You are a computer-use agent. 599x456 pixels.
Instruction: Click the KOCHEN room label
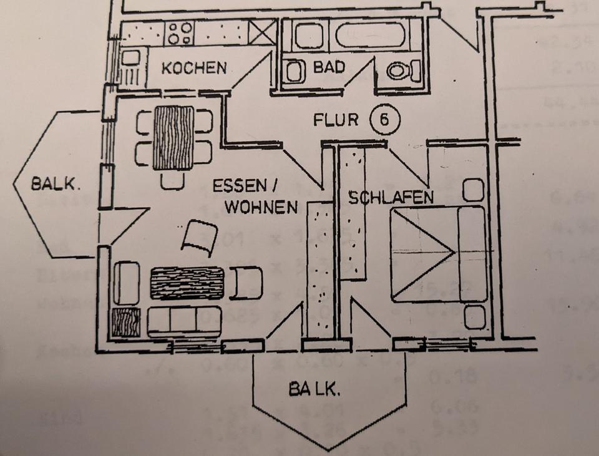click(194, 67)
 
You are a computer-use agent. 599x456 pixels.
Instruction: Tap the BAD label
click(329, 67)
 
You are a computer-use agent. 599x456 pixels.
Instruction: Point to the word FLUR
click(336, 119)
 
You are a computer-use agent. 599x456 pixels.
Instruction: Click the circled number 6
click(384, 119)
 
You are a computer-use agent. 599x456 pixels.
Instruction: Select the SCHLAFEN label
click(391, 198)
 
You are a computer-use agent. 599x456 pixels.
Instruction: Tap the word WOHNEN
click(261, 207)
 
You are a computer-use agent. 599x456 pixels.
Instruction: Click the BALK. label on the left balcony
click(56, 184)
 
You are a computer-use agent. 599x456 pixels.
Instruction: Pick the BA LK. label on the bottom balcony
click(314, 391)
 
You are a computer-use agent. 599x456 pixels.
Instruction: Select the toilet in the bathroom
click(397, 71)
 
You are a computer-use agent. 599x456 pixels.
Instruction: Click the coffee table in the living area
click(187, 283)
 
